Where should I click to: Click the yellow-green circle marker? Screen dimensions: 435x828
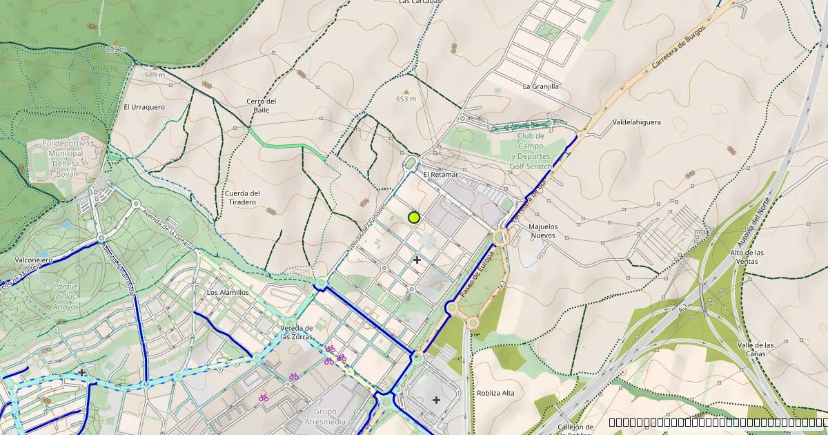pyautogui.click(x=414, y=217)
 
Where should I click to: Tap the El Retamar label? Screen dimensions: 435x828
pyautogui.click(x=440, y=175)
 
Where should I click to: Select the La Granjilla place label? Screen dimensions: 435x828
pyautogui.click(x=540, y=87)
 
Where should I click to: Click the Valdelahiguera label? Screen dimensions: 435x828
pyautogui.click(x=636, y=122)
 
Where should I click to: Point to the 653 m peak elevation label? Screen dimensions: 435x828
pyautogui.click(x=406, y=99)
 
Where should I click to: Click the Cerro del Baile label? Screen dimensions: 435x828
pyautogui.click(x=262, y=106)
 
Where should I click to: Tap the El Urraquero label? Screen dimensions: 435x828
pyautogui.click(x=144, y=107)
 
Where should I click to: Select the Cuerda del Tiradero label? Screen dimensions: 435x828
pyautogui.click(x=242, y=197)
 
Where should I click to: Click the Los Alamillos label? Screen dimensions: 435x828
pyautogui.click(x=228, y=293)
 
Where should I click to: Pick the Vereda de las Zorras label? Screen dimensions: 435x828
pyautogui.click(x=297, y=332)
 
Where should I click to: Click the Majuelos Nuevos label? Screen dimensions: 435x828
pyautogui.click(x=542, y=231)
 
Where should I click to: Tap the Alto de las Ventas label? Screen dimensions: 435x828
pyautogui.click(x=746, y=257)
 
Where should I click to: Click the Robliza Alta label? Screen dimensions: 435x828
pyautogui.click(x=495, y=393)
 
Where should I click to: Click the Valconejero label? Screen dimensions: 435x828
pyautogui.click(x=33, y=260)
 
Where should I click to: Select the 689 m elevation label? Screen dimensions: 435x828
pyautogui.click(x=155, y=75)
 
